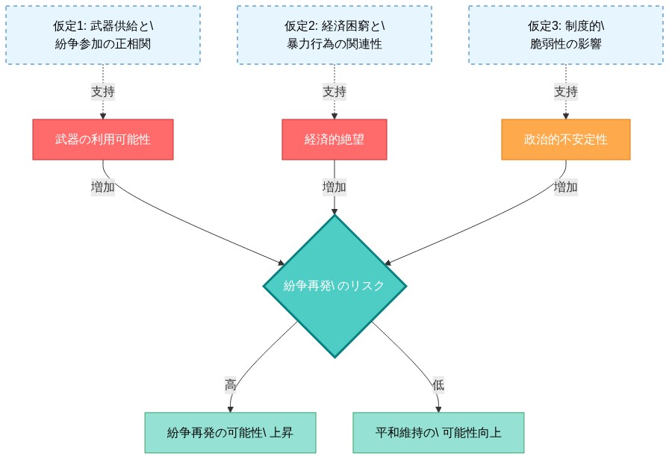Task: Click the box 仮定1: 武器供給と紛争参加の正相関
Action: pos(103,35)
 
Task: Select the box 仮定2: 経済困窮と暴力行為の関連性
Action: pos(334,35)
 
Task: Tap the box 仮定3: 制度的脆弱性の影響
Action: pos(566,35)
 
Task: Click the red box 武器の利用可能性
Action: pos(103,140)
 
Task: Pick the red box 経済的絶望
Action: pos(334,140)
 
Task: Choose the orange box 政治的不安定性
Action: pos(566,140)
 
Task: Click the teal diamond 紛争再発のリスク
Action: pos(334,286)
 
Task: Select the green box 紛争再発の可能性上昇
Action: pos(230,433)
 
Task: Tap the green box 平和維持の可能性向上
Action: pos(438,433)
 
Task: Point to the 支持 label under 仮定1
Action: pos(103,92)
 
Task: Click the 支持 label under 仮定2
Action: pos(334,92)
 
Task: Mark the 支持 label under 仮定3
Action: pos(566,92)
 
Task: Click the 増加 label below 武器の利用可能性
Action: pos(103,187)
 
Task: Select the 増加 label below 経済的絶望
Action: pos(334,187)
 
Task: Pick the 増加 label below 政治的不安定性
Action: pos(566,187)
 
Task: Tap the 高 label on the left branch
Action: pos(231,385)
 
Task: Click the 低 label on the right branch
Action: pos(438,385)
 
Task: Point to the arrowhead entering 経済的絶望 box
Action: pos(334,116)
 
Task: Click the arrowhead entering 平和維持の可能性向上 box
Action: pos(438,409)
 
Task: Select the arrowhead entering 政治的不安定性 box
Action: pos(566,116)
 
